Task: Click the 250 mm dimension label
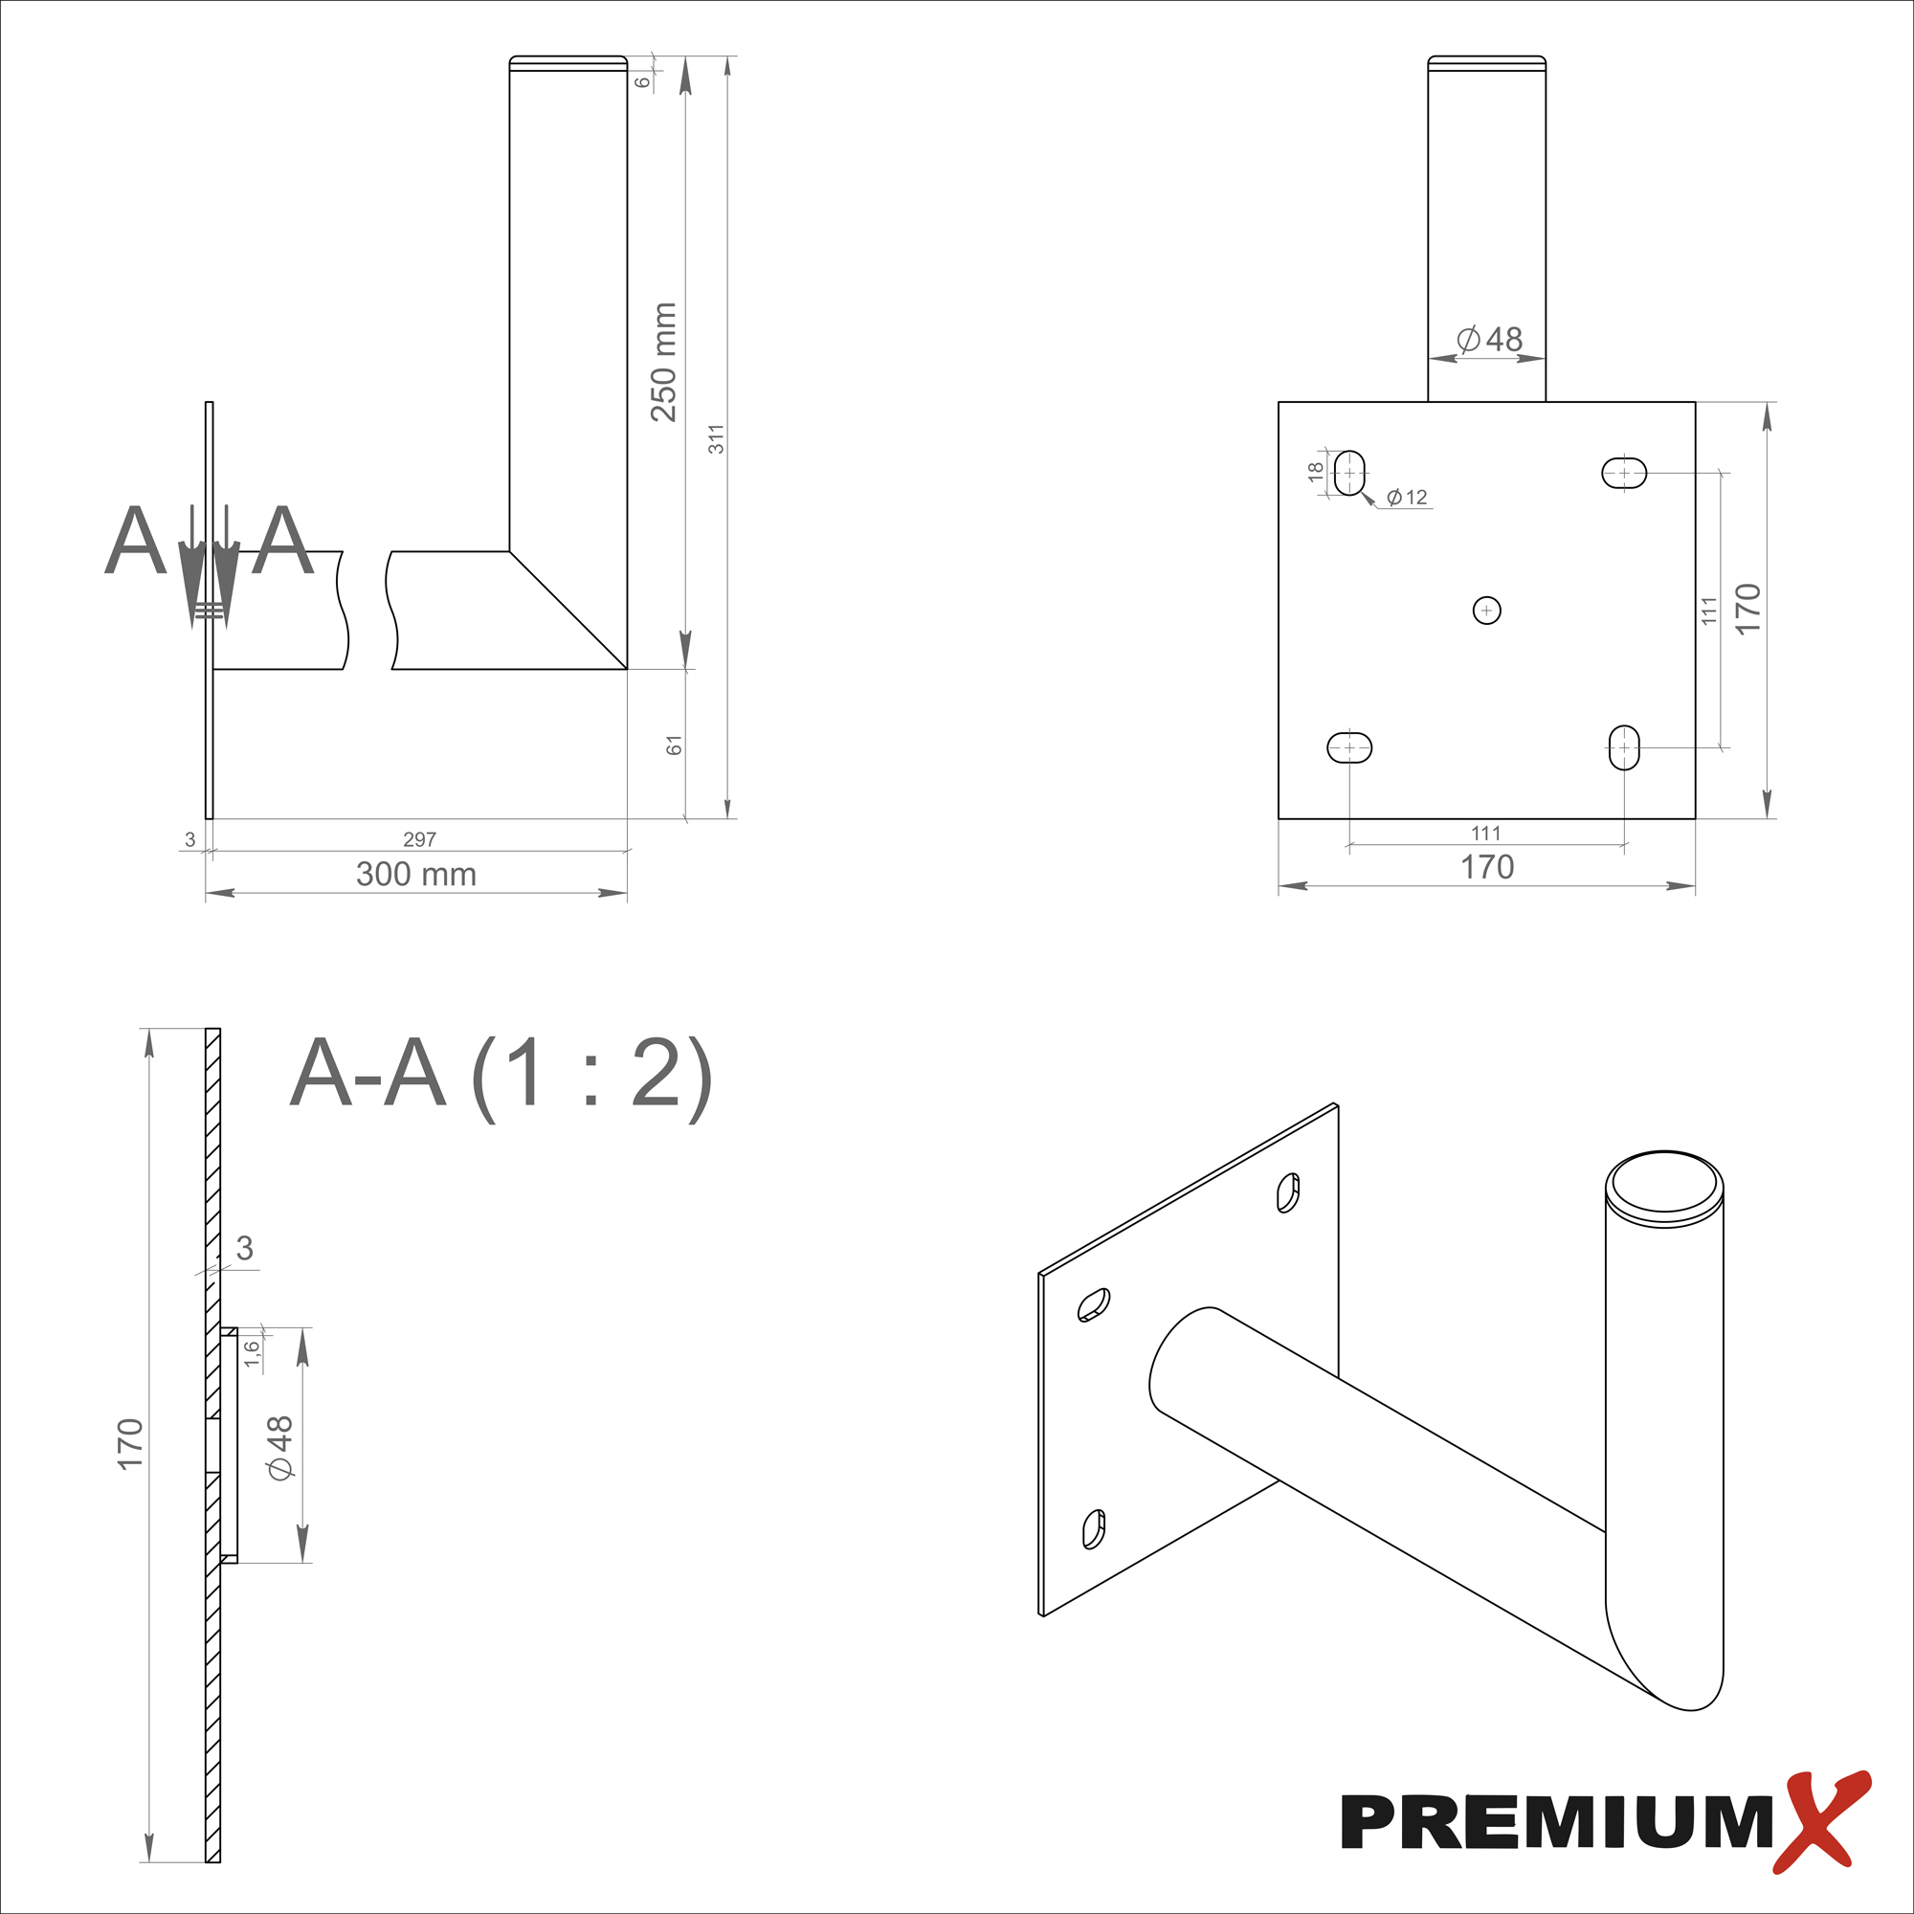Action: (664, 363)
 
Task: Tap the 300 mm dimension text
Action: (416, 874)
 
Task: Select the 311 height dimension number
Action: (716, 439)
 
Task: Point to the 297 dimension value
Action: (420, 839)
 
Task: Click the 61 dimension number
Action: (675, 745)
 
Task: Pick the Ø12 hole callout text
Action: (1407, 498)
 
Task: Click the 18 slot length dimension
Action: (1316, 472)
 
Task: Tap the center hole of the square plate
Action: (1487, 611)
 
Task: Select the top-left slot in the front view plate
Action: (1349, 473)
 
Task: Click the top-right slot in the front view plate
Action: (1625, 473)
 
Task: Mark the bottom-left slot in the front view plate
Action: (1349, 748)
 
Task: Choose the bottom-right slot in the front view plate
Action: (1624, 747)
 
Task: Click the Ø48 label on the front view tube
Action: (1490, 340)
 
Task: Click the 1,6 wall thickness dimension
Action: (253, 1353)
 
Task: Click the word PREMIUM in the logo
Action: (1556, 1821)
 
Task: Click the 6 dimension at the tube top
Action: (643, 82)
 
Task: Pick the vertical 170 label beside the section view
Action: (130, 1443)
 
